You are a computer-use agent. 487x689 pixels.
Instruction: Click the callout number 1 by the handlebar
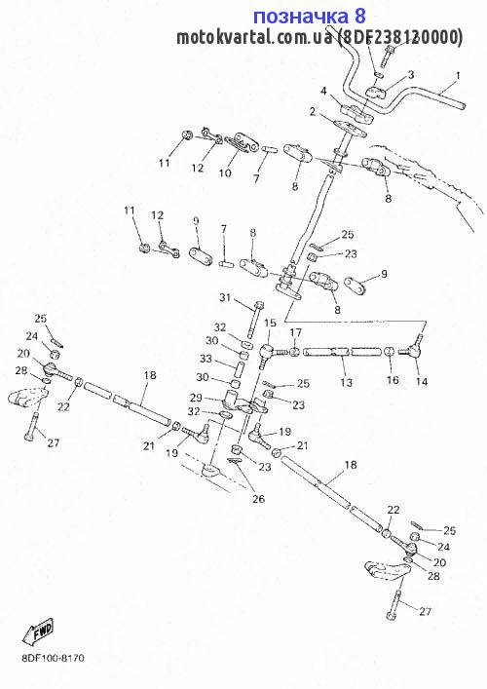click(x=458, y=76)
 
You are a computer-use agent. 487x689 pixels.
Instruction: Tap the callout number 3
click(x=411, y=75)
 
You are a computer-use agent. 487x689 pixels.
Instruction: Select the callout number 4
click(x=323, y=91)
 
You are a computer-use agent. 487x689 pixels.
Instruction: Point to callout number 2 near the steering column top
click(x=313, y=112)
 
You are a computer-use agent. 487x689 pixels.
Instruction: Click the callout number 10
click(x=225, y=172)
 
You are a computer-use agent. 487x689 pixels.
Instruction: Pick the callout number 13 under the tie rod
click(x=346, y=382)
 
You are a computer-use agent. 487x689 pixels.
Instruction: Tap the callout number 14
click(x=422, y=381)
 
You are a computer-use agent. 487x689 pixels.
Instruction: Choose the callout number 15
click(x=270, y=323)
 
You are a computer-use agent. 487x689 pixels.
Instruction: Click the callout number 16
click(x=393, y=380)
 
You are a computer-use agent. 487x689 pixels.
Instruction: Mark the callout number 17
click(x=295, y=332)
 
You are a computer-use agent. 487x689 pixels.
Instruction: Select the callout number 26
click(x=259, y=499)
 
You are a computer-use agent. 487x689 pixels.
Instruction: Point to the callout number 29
click(x=196, y=398)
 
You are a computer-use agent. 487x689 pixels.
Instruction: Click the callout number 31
click(x=225, y=298)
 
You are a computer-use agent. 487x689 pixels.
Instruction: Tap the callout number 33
click(x=206, y=359)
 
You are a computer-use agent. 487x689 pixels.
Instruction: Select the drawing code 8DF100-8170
click(x=53, y=658)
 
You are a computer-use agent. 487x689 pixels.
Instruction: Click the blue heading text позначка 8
click(x=310, y=17)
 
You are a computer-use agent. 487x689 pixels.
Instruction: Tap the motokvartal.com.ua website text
click(x=254, y=38)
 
